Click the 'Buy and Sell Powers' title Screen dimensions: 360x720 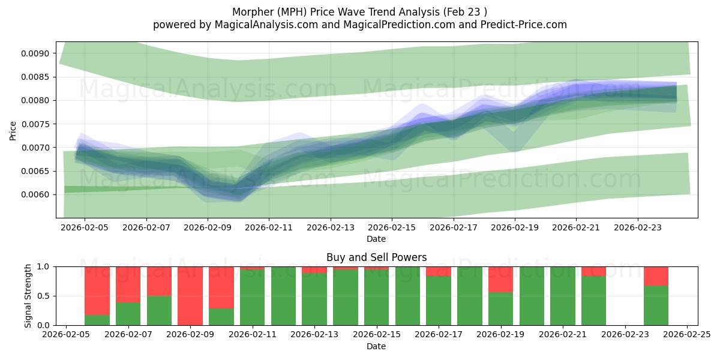pos(376,257)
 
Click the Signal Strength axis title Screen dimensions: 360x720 pos(28,296)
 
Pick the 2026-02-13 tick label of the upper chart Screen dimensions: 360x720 pos(330,228)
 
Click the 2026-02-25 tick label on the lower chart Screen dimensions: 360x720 pos(687,335)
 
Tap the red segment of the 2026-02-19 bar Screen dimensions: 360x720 pos(500,279)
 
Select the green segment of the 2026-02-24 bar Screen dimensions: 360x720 pos(656,305)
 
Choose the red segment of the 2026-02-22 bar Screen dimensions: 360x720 pos(593,271)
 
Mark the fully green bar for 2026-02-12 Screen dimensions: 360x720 pos(283,296)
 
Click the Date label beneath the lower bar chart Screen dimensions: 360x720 pos(376,346)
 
